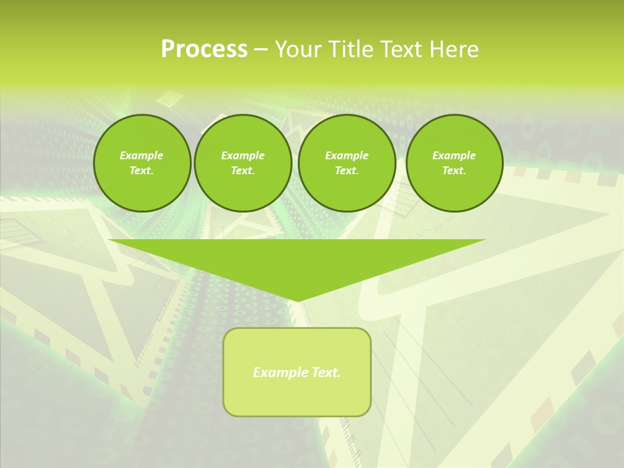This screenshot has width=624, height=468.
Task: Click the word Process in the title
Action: point(204,49)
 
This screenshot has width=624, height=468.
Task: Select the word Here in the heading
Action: point(453,49)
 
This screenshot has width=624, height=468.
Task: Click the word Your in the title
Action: point(299,49)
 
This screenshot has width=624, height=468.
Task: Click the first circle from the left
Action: point(142,163)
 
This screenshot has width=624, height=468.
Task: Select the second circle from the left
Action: point(242,163)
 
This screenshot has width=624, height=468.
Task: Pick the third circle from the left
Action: point(346,163)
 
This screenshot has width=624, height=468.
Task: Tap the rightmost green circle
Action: point(454,163)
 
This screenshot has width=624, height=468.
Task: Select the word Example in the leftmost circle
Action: point(142,155)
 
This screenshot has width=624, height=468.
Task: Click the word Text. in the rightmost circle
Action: point(454,171)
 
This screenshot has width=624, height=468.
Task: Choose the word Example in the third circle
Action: point(346,155)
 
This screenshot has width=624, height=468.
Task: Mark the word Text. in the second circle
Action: point(242,171)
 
